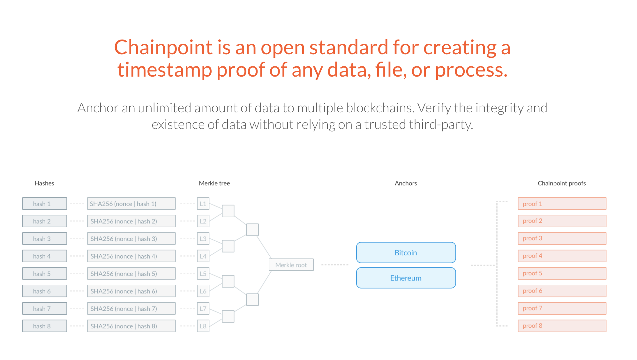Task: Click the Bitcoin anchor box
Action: [x=406, y=252]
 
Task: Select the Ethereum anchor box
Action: [x=406, y=278]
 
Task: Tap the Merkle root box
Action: [x=291, y=265]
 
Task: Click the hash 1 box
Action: [x=44, y=204]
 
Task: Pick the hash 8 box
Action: [x=44, y=326]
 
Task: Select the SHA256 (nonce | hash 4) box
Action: [x=131, y=256]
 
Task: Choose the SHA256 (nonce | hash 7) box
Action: [x=131, y=309]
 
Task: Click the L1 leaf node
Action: [x=203, y=204]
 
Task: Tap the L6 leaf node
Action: [x=203, y=291]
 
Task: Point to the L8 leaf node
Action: [x=203, y=326]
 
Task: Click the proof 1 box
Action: [x=562, y=204]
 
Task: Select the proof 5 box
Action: [x=562, y=273]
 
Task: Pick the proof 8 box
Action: [x=562, y=326]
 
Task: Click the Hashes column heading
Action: [x=44, y=183]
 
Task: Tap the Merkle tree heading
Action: [x=214, y=183]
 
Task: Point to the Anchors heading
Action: [x=406, y=183]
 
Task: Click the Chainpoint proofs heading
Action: [x=562, y=183]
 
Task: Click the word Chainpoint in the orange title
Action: [x=163, y=48]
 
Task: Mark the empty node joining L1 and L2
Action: [x=228, y=211]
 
